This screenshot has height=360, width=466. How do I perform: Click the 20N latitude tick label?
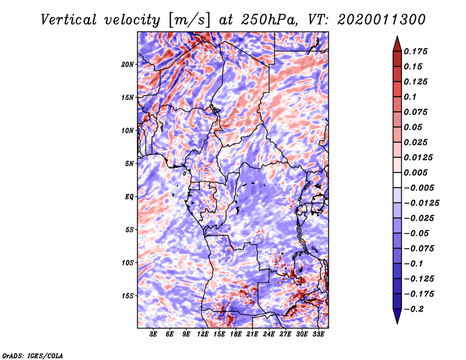(x=128, y=64)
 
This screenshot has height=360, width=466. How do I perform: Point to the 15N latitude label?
(x=128, y=97)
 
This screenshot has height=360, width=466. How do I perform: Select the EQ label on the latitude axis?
(x=129, y=196)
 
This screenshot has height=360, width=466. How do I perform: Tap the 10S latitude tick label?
(x=128, y=263)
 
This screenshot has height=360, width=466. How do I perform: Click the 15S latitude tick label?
(x=128, y=296)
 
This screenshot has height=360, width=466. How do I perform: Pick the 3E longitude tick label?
(x=154, y=335)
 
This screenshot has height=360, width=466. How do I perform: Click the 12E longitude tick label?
(x=203, y=335)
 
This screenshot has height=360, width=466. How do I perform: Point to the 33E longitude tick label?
(x=319, y=335)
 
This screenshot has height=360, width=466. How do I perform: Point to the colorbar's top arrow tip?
(x=396, y=37)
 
